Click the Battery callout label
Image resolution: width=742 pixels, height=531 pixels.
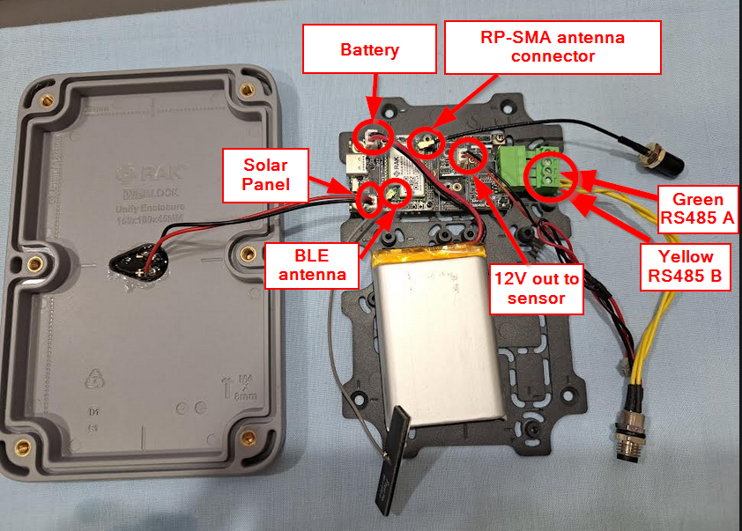coord(370,48)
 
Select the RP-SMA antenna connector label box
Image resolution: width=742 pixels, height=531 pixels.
coord(553,48)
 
